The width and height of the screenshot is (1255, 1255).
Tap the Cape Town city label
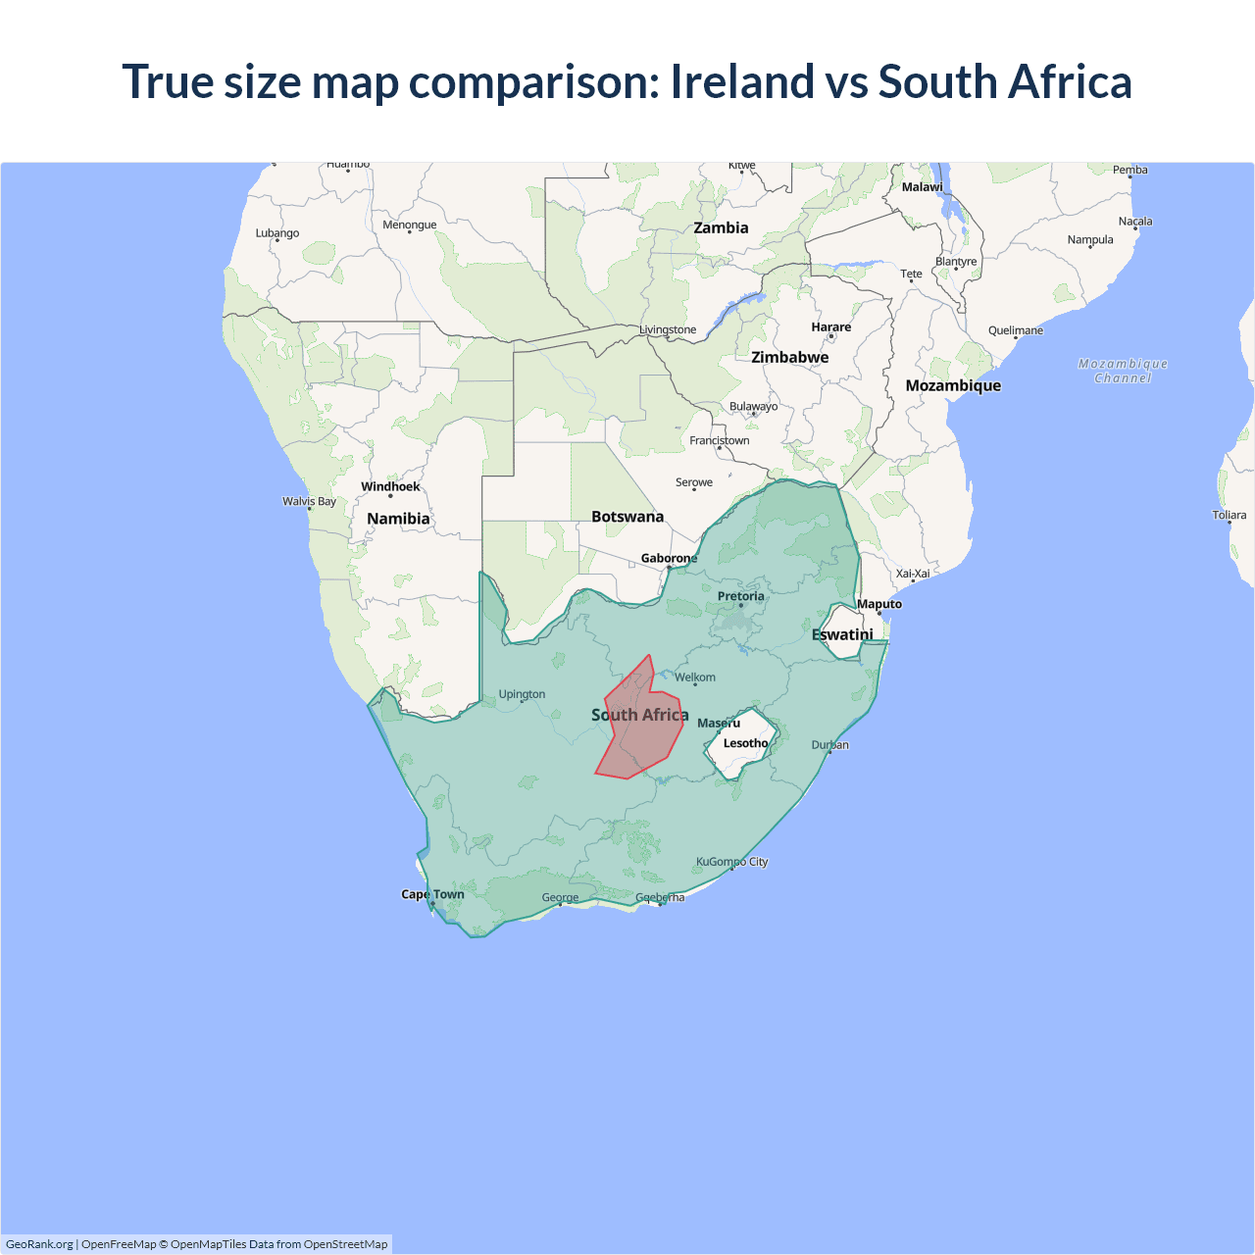[432, 894]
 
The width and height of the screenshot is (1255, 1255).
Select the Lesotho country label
[745, 743]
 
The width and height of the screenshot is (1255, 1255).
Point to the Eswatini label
[842, 634]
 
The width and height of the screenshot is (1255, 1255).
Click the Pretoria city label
[740, 596]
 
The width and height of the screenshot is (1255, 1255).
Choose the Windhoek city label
[390, 486]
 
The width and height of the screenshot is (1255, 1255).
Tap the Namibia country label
[398, 519]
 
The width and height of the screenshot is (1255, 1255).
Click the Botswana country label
[627, 517]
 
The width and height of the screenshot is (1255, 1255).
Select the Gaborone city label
[669, 558]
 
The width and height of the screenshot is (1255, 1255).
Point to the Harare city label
[830, 326]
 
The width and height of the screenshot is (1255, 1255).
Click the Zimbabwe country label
[790, 357]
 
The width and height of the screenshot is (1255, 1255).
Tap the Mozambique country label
[953, 385]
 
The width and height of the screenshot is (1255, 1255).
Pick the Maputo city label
[879, 604]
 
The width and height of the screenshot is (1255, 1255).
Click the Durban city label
[830, 745]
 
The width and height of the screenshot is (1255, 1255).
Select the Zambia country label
[721, 227]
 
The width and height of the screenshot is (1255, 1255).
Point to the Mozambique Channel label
[1123, 371]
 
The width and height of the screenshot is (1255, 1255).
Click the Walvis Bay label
[309, 501]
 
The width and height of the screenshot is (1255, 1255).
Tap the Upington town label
[522, 694]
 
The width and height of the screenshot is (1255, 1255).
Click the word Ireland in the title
[742, 81]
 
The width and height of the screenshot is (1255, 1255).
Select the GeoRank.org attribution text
[39, 1244]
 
